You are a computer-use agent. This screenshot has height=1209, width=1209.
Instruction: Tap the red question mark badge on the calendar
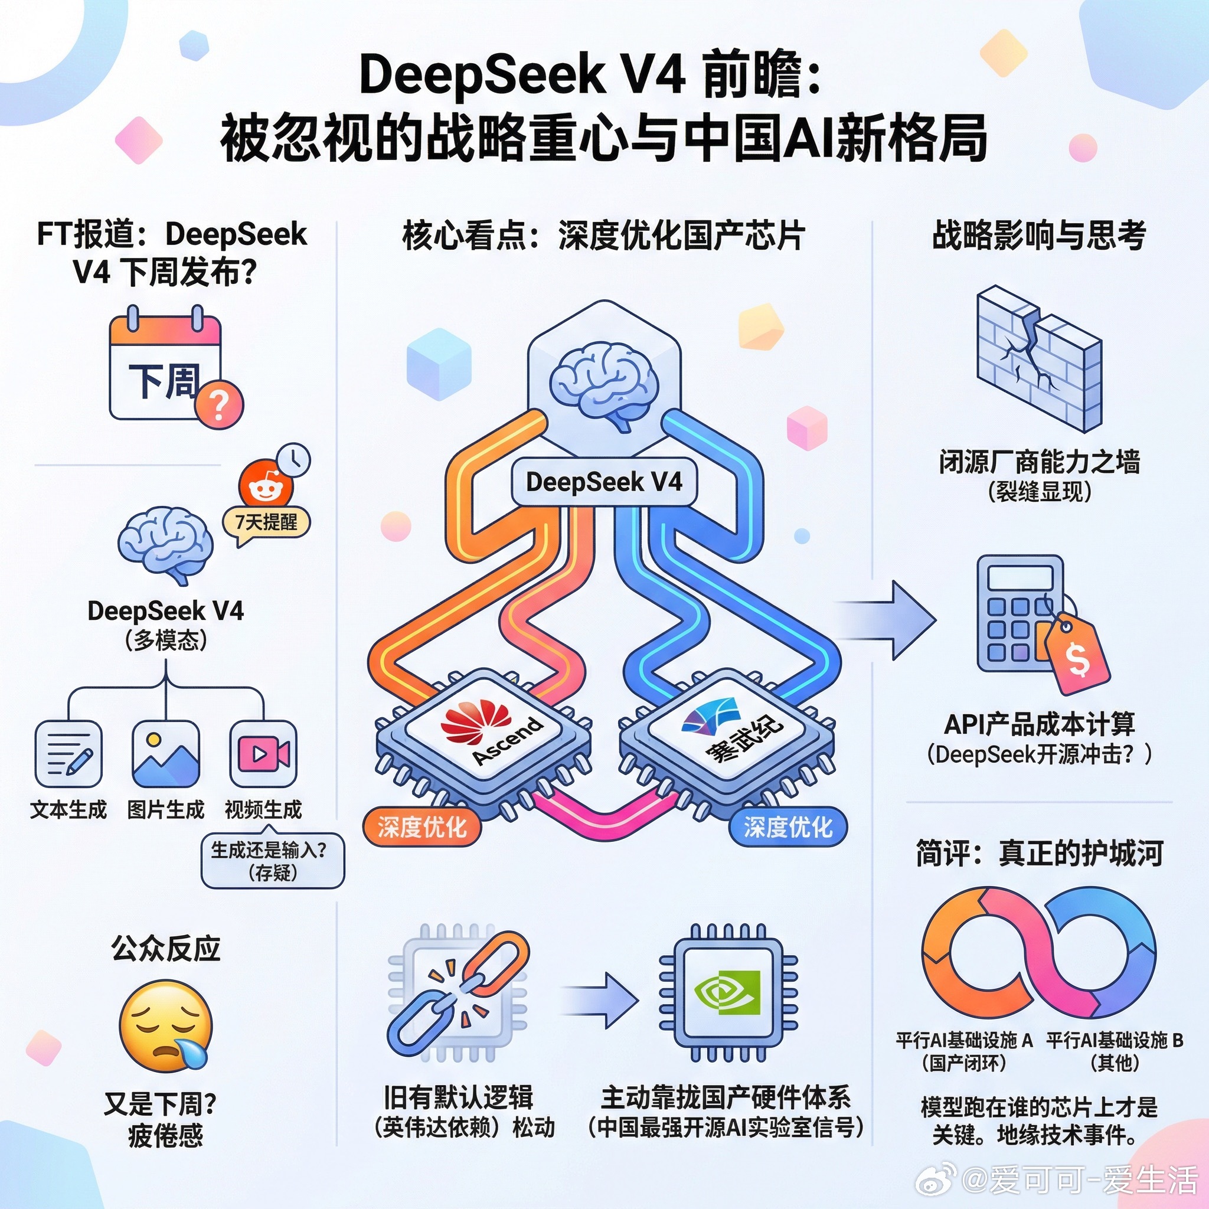pos(218,404)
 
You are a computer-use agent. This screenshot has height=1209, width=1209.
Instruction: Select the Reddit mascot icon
pos(264,483)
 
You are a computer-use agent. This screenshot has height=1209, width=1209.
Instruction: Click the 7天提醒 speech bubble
pos(266,522)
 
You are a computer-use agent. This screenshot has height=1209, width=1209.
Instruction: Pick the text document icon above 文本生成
pos(68,753)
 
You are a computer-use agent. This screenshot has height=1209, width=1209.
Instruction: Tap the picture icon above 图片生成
pos(166,753)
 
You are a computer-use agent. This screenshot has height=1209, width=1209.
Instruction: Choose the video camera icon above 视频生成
pos(263,753)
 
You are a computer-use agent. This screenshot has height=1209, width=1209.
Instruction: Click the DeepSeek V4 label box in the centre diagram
pos(604,482)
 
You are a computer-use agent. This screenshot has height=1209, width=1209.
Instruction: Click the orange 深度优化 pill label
pos(421,827)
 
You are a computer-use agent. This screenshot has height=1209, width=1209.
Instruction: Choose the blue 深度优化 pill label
pos(788,827)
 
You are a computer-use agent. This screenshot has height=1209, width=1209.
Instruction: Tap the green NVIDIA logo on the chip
pos(727,992)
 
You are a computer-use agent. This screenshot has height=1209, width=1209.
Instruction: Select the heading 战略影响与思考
pos(1039,236)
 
